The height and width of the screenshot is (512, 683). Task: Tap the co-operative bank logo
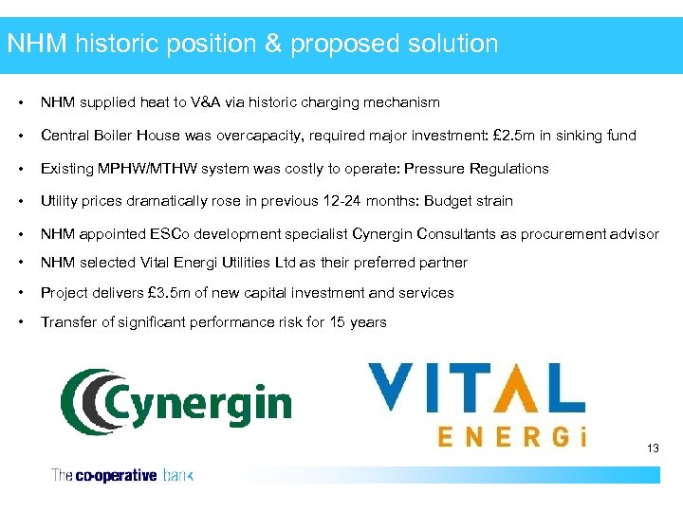(121, 475)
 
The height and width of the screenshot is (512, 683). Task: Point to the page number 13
(652, 448)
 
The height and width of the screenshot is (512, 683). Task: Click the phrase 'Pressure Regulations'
(476, 169)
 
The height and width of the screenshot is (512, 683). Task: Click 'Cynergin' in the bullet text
(381, 234)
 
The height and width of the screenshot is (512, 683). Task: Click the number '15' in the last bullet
(339, 322)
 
